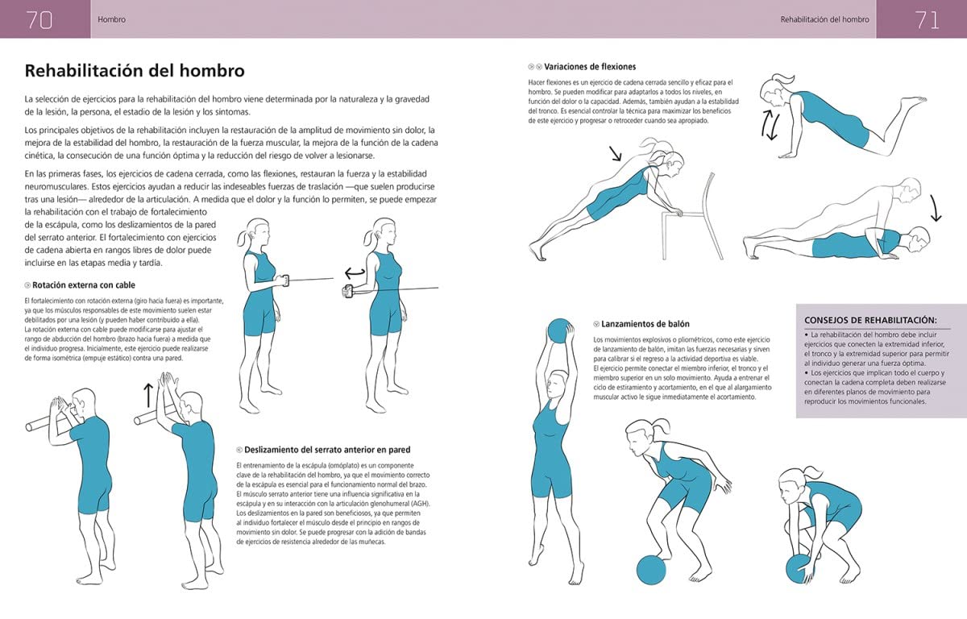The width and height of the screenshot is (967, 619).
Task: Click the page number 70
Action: pyautogui.click(x=39, y=20)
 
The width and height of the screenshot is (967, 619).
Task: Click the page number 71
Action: pyautogui.click(x=927, y=20)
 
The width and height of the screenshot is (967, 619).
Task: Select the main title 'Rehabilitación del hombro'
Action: pyautogui.click(x=135, y=71)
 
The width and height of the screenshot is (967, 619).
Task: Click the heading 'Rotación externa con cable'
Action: pyautogui.click(x=84, y=285)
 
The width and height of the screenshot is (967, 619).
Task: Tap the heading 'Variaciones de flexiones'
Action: pyautogui.click(x=590, y=67)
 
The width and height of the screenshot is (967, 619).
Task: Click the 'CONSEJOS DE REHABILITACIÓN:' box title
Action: pyautogui.click(x=870, y=319)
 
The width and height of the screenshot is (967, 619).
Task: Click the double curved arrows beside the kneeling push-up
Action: pyautogui.click(x=770, y=126)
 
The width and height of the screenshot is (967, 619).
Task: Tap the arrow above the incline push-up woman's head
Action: pyautogui.click(x=616, y=152)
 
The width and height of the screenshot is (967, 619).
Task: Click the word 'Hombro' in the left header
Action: pyautogui.click(x=111, y=19)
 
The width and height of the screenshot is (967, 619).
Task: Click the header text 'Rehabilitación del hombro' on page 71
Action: pyautogui.click(x=824, y=19)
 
